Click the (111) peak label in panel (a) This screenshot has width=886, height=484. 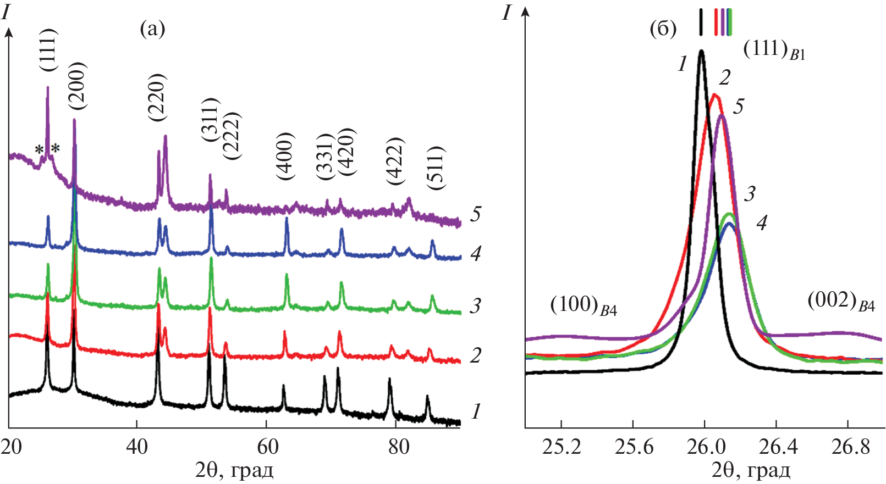click(x=48, y=49)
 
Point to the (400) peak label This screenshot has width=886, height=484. click(x=286, y=157)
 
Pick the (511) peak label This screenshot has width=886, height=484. click(x=436, y=168)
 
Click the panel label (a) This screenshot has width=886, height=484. click(x=153, y=29)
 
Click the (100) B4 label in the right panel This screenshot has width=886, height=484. click(x=584, y=305)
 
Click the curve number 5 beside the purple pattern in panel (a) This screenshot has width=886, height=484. click(x=476, y=214)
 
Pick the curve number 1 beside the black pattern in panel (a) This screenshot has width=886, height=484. click(x=476, y=411)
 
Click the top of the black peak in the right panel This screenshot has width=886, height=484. click(x=701, y=51)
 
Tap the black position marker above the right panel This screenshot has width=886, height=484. click(x=701, y=22)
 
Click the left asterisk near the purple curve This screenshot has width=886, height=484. click(x=39, y=149)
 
